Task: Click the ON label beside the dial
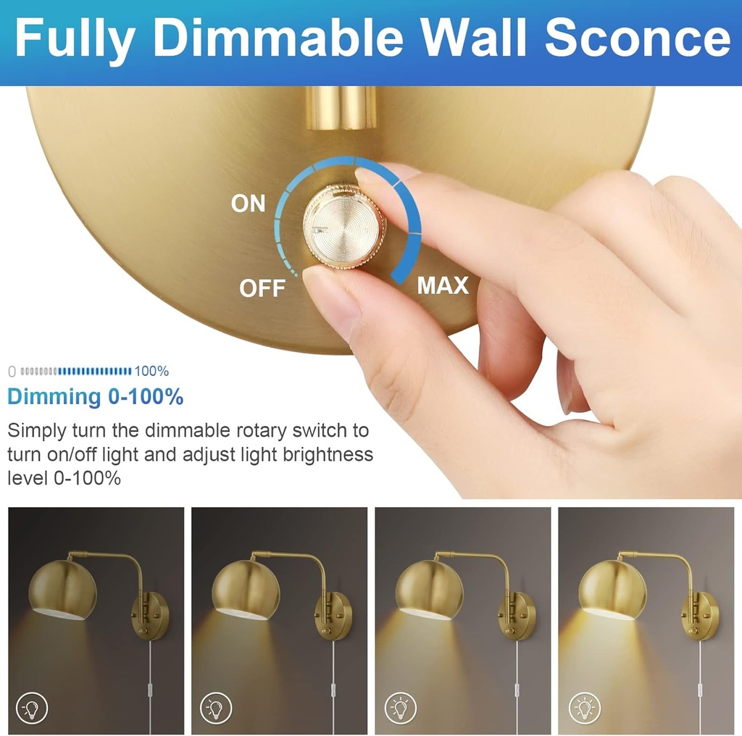pos(249,204)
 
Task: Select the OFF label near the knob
pos(262,288)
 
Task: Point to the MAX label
pos(443,285)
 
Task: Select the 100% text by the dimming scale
pos(151,372)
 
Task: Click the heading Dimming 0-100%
pos(95,397)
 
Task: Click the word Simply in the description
pos(36,430)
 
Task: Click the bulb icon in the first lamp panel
pos(32,706)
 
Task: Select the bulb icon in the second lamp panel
pos(216,706)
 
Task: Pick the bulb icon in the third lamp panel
pos(400,706)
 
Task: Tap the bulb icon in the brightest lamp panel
pos(584,706)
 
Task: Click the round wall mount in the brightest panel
pos(701,616)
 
